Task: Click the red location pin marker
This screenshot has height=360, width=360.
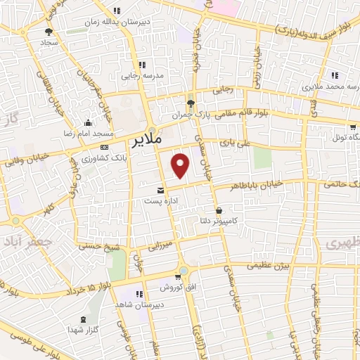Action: (181, 165)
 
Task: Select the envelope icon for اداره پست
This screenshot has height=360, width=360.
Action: (161, 190)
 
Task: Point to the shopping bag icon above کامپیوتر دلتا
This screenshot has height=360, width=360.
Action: (219, 210)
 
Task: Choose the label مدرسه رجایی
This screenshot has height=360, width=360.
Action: (143, 74)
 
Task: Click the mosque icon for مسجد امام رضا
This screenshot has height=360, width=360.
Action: (86, 122)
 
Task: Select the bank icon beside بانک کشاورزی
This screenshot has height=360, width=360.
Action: (104, 147)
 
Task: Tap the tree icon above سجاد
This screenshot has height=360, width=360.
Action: (48, 32)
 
